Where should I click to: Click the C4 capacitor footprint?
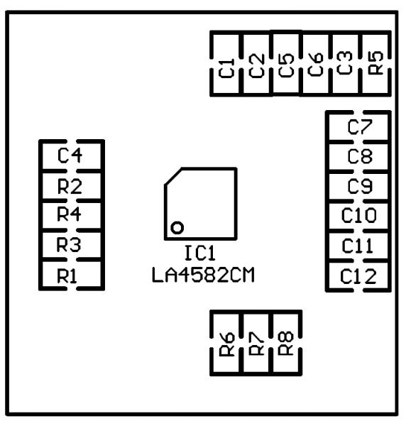pyautogui.click(x=71, y=155)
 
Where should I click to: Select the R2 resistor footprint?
pyautogui.click(x=71, y=186)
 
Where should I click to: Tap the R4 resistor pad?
pyautogui.click(x=71, y=216)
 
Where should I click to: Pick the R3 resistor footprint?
pyautogui.click(x=71, y=246)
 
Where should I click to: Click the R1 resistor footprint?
pyautogui.click(x=71, y=275)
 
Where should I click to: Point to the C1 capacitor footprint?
pyautogui.click(x=226, y=64)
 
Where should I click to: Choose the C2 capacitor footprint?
pyautogui.click(x=256, y=64)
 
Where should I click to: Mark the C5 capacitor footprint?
pyautogui.click(x=286, y=64)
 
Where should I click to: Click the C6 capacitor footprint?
pyautogui.click(x=316, y=64)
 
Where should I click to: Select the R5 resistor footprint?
pyautogui.click(x=376, y=64)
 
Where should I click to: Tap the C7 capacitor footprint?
pyautogui.click(x=358, y=126)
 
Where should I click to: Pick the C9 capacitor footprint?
pyautogui.click(x=358, y=186)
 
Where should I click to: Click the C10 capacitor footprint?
pyautogui.click(x=358, y=216)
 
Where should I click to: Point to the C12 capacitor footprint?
pyautogui.click(x=358, y=275)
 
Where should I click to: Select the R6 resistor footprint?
pyautogui.click(x=226, y=344)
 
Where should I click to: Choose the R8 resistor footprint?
pyautogui.click(x=286, y=344)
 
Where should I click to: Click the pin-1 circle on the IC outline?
pyautogui.click(x=177, y=227)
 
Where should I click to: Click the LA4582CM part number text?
pyautogui.click(x=203, y=274)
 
